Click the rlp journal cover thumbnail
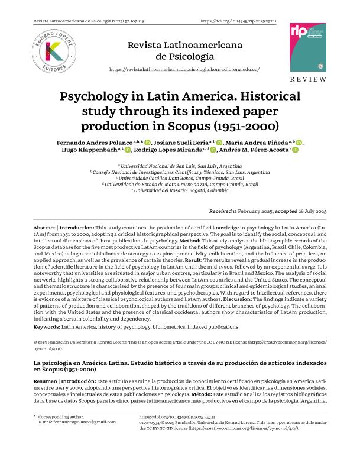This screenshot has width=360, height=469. click(308, 48)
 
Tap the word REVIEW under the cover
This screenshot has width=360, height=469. click(308, 79)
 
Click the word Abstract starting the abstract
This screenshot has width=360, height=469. click(45, 228)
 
